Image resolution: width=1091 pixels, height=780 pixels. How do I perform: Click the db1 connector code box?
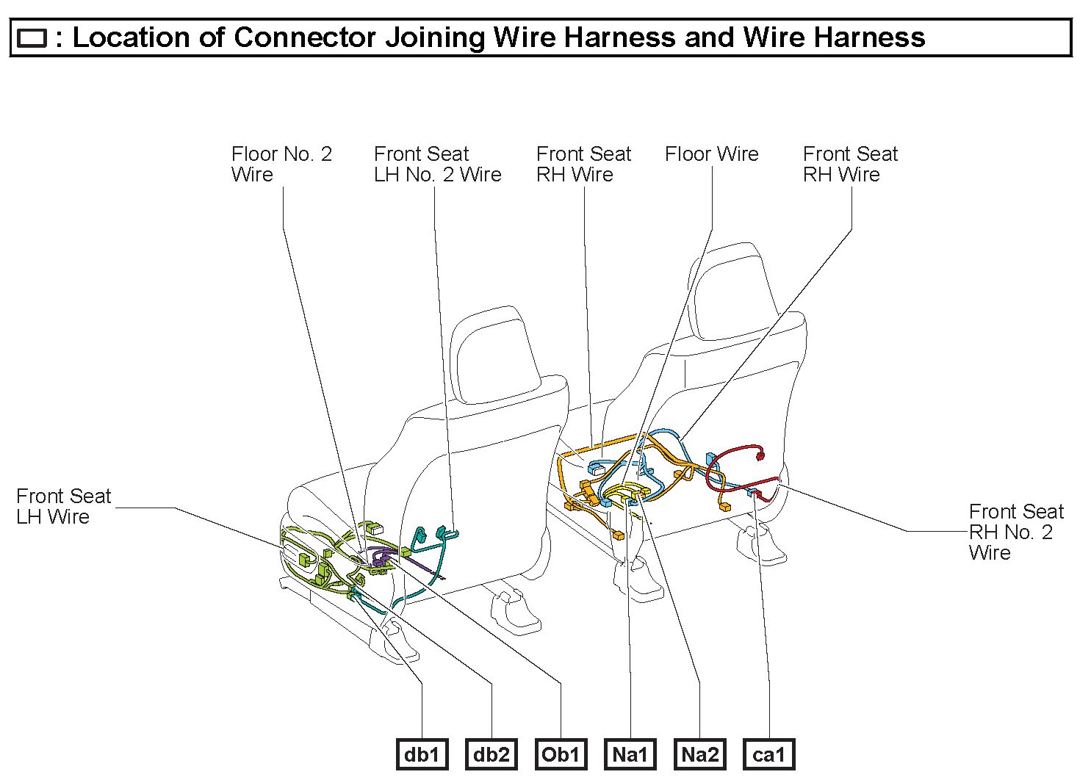click(422, 754)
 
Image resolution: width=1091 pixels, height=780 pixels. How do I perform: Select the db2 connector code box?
click(491, 754)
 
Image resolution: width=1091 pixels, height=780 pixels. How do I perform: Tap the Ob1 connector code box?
click(561, 754)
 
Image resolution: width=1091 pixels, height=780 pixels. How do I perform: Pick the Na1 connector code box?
click(630, 754)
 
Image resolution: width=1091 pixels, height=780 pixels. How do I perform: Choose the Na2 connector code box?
click(699, 754)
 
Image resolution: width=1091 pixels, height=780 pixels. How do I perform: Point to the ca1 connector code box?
click(769, 754)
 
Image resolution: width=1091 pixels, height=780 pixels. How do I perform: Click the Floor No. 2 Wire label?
click(281, 164)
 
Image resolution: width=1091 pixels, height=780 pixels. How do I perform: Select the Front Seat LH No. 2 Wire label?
click(437, 164)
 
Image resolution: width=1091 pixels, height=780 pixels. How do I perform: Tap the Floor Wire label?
click(711, 154)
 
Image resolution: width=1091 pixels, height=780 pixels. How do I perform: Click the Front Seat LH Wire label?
click(63, 506)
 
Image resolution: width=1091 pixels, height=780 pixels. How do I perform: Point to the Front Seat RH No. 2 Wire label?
click(1015, 532)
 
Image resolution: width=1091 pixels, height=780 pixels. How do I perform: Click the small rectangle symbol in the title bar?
click(32, 38)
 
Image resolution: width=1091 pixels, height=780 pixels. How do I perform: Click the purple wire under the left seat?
click(382, 555)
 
